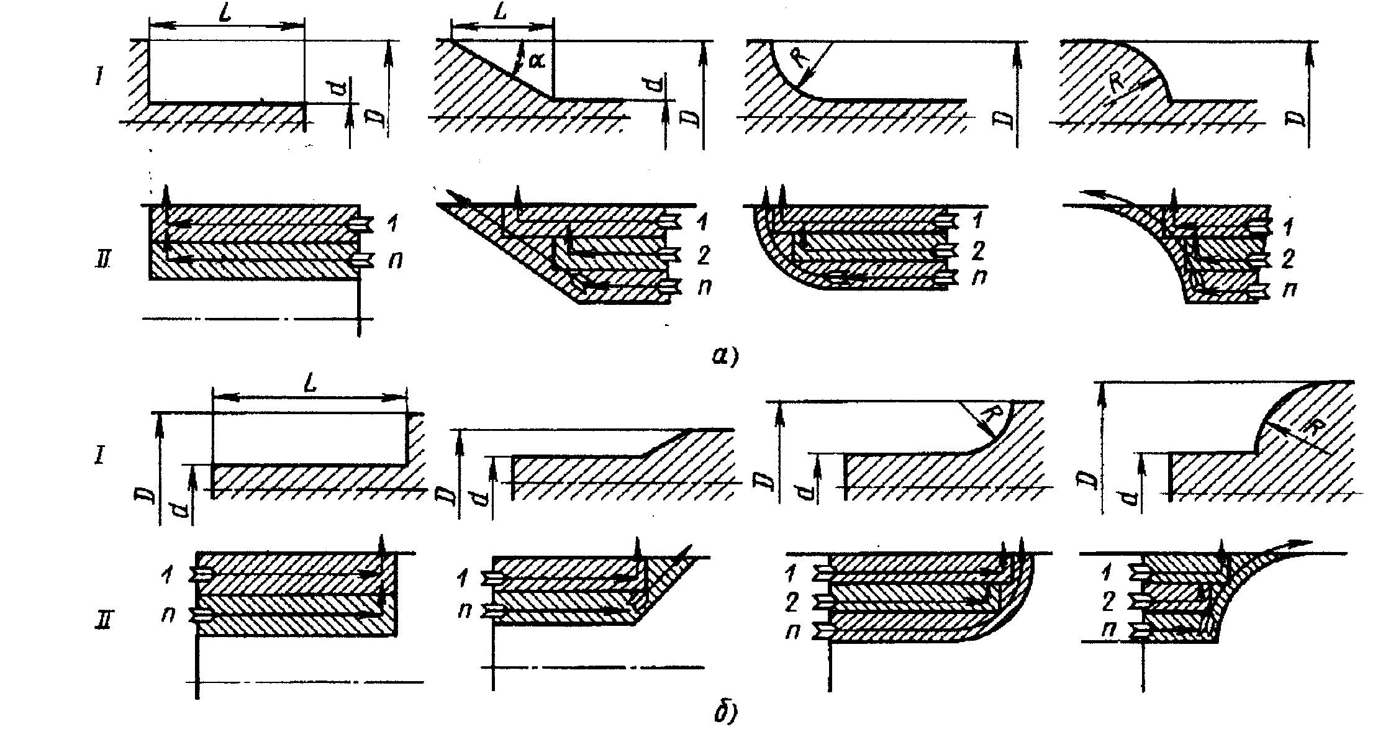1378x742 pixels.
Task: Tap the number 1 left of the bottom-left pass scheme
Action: (x=166, y=575)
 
